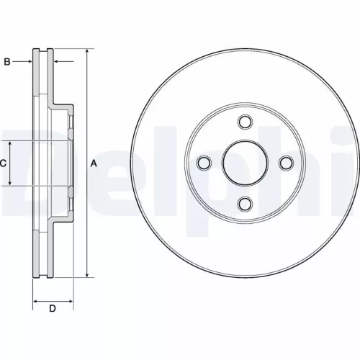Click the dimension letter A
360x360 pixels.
tap(94, 163)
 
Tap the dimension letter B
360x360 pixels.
tap(7, 63)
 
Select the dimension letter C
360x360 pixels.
tap(3, 163)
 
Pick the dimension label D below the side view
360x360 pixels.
tap(53, 309)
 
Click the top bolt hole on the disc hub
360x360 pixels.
tap(245, 122)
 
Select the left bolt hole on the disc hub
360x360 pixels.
tap(204, 162)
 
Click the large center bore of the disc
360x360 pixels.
tap(245, 162)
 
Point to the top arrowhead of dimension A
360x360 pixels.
tap(86, 53)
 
